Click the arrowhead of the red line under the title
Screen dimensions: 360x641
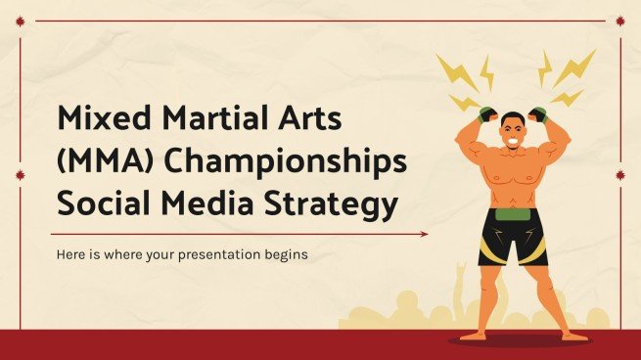pos(424,234)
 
